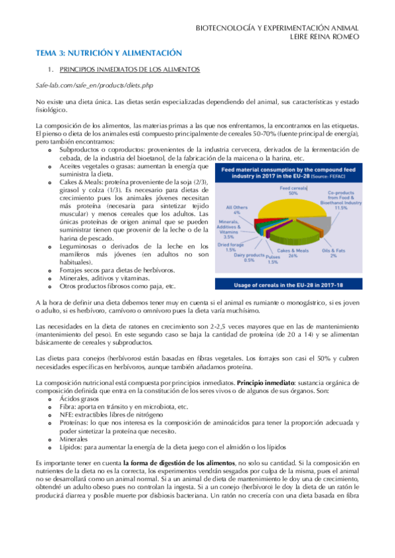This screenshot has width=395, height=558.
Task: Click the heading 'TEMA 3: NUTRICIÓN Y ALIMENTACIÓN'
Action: [x=108, y=52]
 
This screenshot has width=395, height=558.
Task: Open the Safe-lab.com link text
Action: [x=88, y=86]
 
